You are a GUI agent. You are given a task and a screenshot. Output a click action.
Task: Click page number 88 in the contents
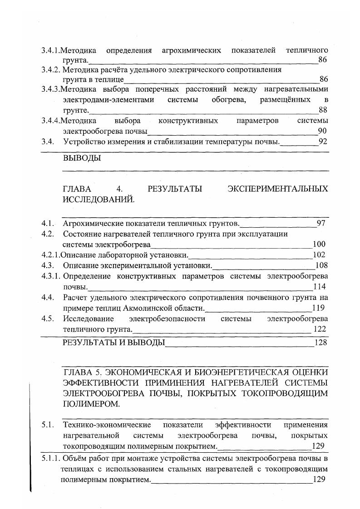pyautogui.click(x=323, y=110)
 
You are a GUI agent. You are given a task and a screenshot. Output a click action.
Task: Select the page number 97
pyautogui.click(x=321, y=223)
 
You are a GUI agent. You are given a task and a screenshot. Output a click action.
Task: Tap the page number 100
pyautogui.click(x=319, y=245)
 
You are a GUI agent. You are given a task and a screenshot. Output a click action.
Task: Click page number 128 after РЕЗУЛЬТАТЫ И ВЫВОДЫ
pyautogui.click(x=321, y=343)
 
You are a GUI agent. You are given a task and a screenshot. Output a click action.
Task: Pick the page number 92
pyautogui.click(x=323, y=141)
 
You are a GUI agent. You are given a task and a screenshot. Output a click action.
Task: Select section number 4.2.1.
pyautogui.click(x=50, y=255)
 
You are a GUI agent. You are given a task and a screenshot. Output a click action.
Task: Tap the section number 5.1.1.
pyautogui.click(x=50, y=458)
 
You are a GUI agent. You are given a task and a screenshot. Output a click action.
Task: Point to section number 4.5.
pyautogui.click(x=47, y=318)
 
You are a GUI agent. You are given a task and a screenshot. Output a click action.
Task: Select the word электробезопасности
pyautogui.click(x=167, y=318)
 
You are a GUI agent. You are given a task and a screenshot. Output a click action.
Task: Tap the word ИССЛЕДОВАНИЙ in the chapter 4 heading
pyautogui.click(x=98, y=199)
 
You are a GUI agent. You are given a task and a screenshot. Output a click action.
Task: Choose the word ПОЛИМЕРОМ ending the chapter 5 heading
pyautogui.click(x=91, y=403)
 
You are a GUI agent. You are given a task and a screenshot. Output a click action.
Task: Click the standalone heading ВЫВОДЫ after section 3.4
pyautogui.click(x=82, y=158)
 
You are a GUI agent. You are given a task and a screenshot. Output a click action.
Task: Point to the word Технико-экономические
pyautogui.click(x=107, y=425)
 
